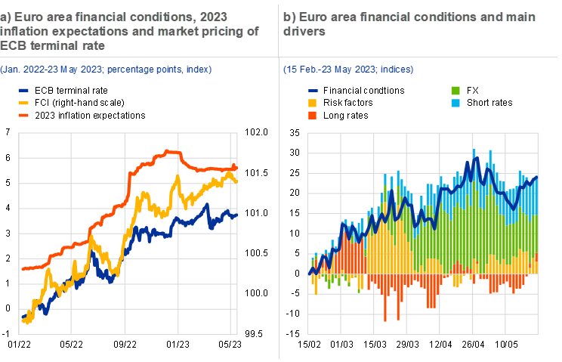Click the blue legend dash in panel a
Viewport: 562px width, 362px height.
coord(24,90)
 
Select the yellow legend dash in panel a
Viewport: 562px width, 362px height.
coord(24,102)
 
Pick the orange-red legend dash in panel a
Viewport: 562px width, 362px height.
coord(24,115)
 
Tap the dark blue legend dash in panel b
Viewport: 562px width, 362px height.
coord(313,90)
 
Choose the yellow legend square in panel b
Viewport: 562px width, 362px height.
coord(313,103)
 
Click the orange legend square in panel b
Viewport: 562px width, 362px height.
coord(313,116)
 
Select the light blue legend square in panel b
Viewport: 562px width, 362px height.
coord(455,103)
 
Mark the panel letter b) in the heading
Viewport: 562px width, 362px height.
coord(289,17)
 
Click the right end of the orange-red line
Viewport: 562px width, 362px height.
coord(236,167)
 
